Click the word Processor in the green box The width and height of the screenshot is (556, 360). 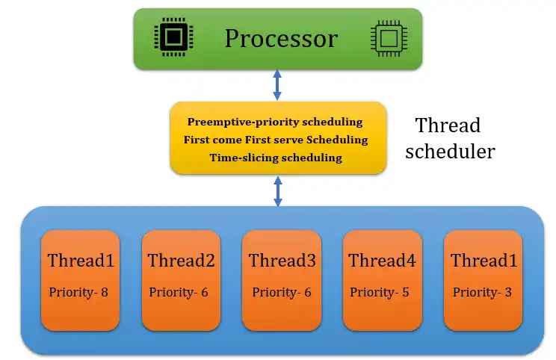[281, 38]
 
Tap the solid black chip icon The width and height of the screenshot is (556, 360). [171, 37]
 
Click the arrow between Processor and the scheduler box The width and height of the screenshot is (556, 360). [277, 85]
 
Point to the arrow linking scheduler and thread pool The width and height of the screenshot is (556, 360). [277, 191]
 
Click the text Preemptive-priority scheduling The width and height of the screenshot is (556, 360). [275, 122]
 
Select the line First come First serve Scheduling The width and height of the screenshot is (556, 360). [275, 140]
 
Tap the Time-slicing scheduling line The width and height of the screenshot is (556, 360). [275, 158]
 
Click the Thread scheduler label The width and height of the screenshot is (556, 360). [454, 138]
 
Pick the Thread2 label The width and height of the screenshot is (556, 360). [182, 261]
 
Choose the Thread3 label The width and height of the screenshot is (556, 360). [282, 261]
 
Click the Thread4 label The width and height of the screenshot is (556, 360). [383, 261]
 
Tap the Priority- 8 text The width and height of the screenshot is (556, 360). [79, 292]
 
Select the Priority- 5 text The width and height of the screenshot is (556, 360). [380, 292]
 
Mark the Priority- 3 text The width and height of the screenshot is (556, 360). [482, 292]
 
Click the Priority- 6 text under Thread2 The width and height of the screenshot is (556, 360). [179, 292]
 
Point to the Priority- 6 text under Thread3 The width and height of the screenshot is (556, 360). [281, 292]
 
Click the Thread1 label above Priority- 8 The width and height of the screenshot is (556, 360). [81, 261]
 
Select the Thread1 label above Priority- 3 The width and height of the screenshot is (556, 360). [484, 261]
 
